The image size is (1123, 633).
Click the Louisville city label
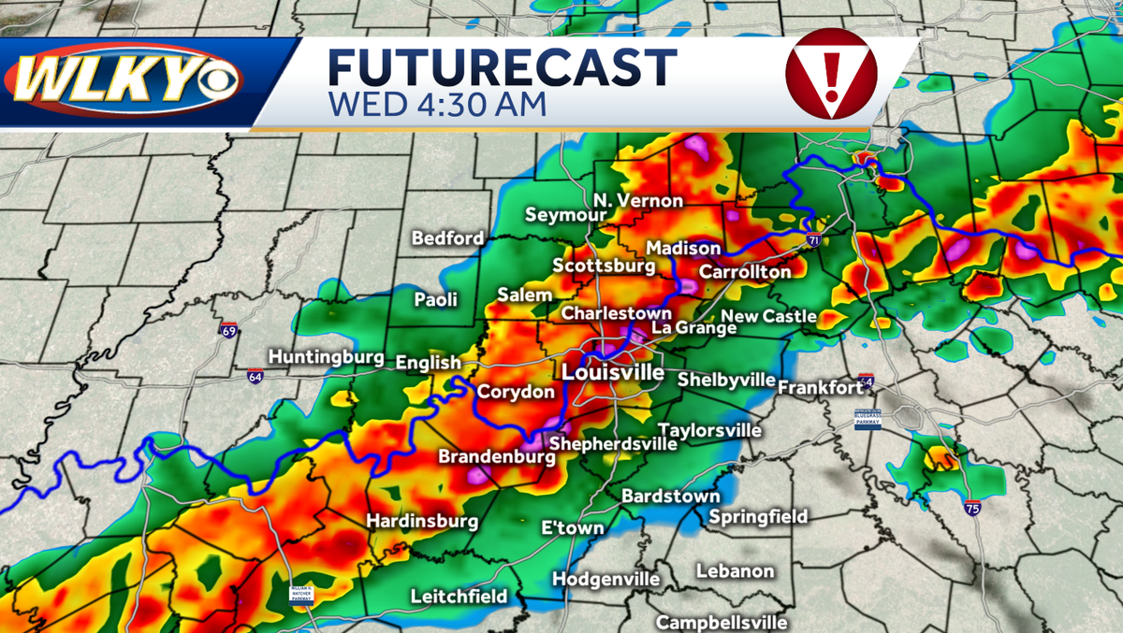(612, 372)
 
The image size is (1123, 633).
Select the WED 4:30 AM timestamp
(436, 103)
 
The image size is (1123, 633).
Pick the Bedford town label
(448, 238)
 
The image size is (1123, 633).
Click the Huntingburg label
(326, 356)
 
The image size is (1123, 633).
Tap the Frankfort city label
(820, 386)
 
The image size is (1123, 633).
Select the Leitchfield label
(459, 596)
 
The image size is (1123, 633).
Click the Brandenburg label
(490, 457)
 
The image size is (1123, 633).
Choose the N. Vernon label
(638, 201)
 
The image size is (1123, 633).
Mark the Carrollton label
(745, 271)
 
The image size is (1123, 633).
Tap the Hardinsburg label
(421, 521)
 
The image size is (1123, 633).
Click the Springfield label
(758, 516)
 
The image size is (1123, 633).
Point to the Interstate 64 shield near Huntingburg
(255, 376)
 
